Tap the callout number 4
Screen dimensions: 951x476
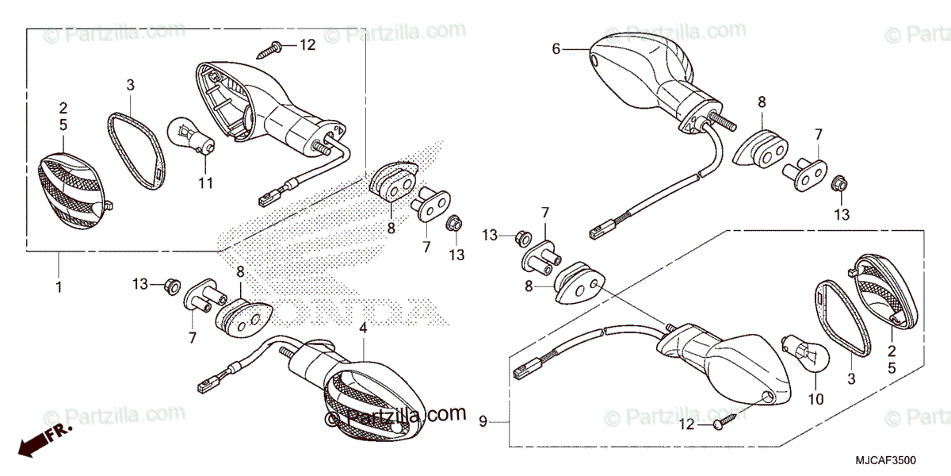[x=363, y=327]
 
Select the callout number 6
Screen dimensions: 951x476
[x=556, y=49]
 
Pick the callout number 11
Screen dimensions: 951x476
[x=205, y=184]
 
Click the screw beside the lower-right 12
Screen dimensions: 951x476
[x=724, y=420]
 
